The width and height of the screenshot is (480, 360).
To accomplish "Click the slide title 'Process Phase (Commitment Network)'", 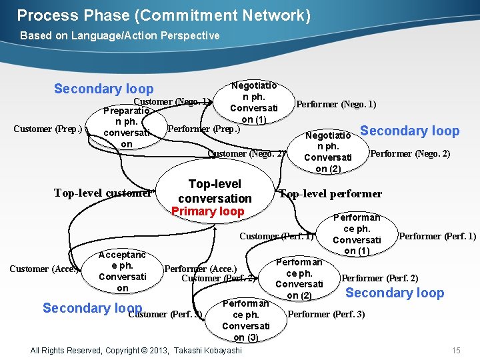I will (163, 15).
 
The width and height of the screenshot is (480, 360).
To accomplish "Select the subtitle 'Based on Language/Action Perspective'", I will (119, 35).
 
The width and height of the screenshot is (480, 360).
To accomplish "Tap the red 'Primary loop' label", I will (208, 211).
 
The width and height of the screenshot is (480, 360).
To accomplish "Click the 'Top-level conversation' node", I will (215, 191).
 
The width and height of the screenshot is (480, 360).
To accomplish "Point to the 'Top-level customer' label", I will (103, 193).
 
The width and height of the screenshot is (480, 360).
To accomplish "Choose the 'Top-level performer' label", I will (331, 194).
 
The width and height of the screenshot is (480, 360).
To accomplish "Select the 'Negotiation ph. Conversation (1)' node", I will (253, 102).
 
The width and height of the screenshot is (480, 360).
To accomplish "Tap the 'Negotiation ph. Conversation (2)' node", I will (327, 152).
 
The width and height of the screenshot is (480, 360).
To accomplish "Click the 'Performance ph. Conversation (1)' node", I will (357, 234).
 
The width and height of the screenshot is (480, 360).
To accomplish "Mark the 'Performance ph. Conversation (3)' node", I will (245, 321).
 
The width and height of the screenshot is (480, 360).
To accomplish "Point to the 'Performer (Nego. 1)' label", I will (336, 104).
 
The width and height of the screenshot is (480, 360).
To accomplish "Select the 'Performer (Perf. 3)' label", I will (326, 314).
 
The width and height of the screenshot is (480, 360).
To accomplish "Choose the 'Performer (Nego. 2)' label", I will (409, 154).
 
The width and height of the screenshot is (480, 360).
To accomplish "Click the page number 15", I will (456, 351).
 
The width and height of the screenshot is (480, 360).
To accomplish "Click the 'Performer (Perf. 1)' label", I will (437, 236).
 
